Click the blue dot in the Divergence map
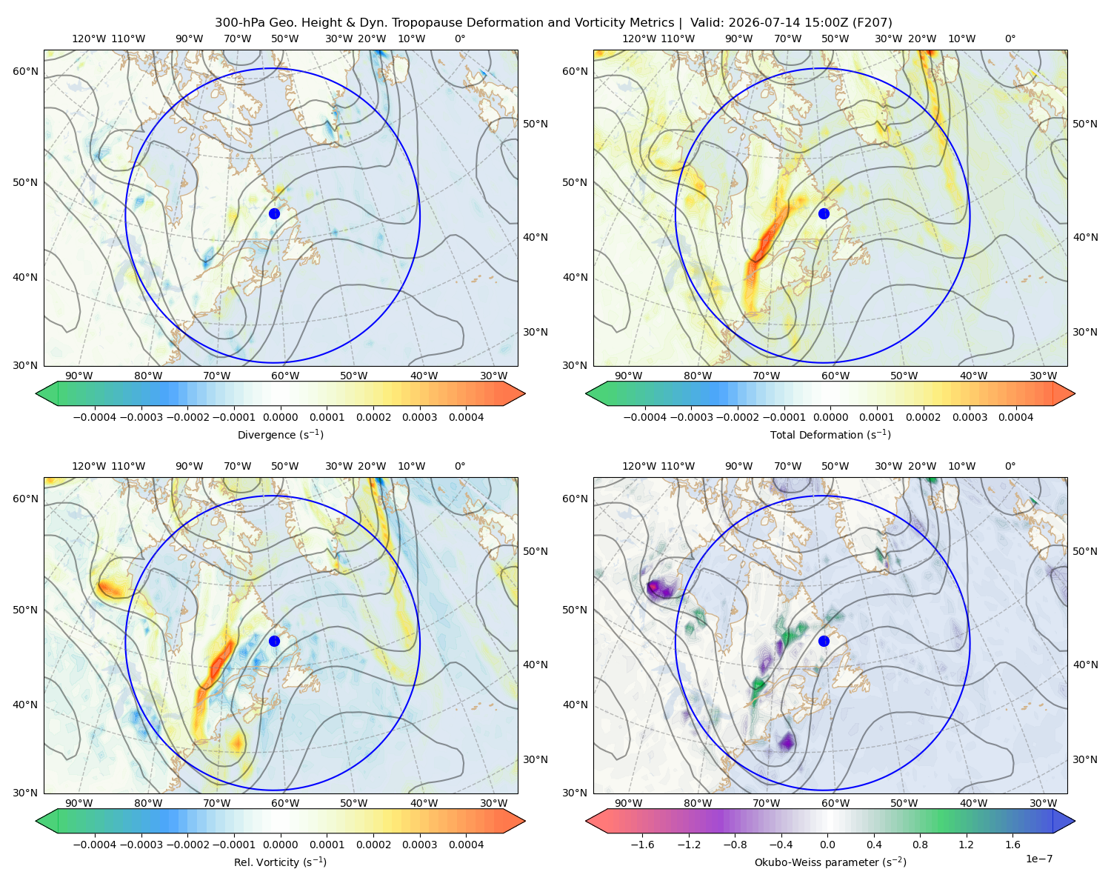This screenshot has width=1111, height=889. click(x=274, y=213)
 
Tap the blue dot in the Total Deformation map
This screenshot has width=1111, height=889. click(x=824, y=213)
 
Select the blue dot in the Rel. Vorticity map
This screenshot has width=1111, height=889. click(x=274, y=641)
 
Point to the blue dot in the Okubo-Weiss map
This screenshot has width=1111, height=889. click(x=824, y=641)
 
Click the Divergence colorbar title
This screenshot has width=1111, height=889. click(x=280, y=434)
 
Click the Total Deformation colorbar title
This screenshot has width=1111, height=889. click(x=830, y=434)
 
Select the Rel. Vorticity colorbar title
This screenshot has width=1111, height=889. click(x=280, y=862)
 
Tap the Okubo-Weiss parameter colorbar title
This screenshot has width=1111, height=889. click(x=830, y=862)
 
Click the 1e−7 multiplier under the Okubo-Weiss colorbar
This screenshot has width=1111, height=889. click(x=1038, y=859)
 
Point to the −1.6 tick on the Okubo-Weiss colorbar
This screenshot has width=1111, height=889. click(x=642, y=844)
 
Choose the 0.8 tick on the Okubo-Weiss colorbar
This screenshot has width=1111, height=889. click(x=920, y=844)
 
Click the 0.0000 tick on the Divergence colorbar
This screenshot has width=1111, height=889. click(x=280, y=417)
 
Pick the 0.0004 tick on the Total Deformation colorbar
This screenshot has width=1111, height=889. click(x=1015, y=417)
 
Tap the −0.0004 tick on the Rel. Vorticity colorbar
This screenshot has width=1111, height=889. click(x=95, y=844)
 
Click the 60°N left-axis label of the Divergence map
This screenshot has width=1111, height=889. click(x=25, y=71)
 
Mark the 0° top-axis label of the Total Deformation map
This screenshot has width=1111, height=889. click(x=1010, y=39)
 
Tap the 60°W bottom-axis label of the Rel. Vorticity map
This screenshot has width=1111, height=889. click(x=285, y=803)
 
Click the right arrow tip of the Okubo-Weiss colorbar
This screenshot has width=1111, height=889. click(x=1075, y=821)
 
